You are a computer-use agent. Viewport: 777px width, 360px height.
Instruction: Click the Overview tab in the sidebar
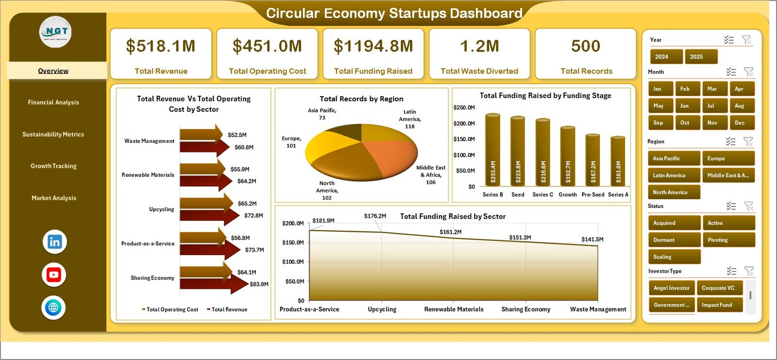(53, 71)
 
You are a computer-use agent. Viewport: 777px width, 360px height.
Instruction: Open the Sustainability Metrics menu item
(53, 135)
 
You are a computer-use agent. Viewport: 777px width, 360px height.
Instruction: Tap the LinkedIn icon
(54, 242)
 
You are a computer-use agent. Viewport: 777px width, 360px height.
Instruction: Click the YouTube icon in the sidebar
(54, 275)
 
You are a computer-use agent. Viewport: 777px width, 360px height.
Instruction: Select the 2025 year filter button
(701, 57)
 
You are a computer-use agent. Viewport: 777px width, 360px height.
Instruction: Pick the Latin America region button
(673, 175)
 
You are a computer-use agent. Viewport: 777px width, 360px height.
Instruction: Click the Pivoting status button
(728, 240)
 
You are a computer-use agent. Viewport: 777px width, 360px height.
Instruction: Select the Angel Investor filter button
(672, 288)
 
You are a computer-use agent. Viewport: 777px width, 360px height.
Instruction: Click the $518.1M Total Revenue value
(161, 47)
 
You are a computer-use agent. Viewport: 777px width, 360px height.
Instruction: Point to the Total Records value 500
(586, 47)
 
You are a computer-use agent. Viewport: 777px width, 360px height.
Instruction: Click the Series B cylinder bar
(492, 151)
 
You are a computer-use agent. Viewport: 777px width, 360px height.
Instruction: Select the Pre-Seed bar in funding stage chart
(592, 160)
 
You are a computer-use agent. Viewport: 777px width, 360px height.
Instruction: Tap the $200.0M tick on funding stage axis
(464, 123)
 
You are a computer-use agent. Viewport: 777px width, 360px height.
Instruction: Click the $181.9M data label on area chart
(323, 221)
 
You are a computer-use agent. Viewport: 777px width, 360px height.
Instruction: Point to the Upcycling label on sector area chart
(382, 309)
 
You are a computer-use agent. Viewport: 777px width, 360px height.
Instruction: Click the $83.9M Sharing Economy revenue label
(259, 284)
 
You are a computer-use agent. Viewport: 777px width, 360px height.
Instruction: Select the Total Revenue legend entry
(229, 309)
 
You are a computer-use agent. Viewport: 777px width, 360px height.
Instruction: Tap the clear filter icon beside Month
(748, 72)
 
